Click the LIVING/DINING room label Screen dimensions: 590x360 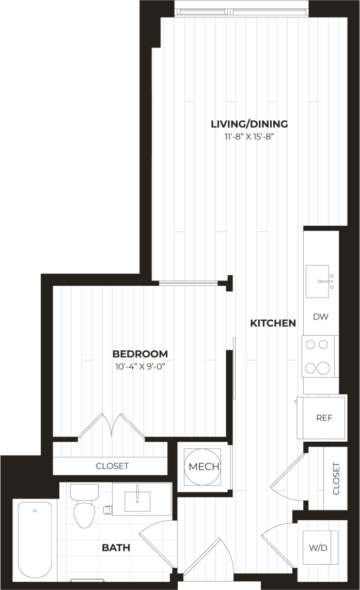pos(249,124)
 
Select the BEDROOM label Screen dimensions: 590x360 pos(140,354)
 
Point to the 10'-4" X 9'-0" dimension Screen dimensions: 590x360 pos(140,367)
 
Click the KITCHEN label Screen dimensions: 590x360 pos(273,323)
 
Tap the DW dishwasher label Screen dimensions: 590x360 pos(320,317)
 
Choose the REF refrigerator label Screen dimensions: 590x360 pos(324,418)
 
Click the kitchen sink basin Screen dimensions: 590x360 pos(317,281)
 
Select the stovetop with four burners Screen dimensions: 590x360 pos(318,356)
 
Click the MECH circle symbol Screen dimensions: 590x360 pos(204,467)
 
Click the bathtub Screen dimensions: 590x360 pos(35,539)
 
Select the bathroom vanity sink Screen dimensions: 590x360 pos(138,501)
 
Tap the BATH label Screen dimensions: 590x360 pos(116,547)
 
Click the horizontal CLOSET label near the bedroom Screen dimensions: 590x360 pos(112,466)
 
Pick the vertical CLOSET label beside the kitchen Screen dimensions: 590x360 pos(336,478)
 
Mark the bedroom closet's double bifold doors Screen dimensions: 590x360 pos(111,426)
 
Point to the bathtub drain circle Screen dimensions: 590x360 pos(35,510)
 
